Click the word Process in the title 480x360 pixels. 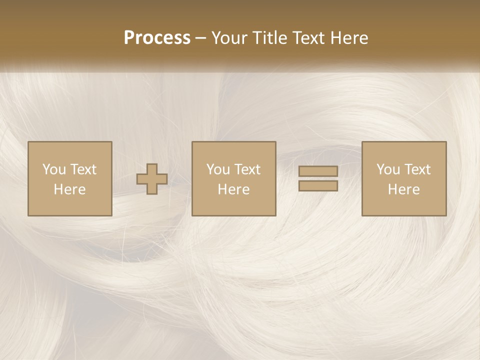157,38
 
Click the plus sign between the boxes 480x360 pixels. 152,179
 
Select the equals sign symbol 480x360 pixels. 318,178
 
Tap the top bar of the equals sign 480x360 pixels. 318,171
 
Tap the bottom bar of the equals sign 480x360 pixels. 318,186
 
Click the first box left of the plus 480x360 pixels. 70,178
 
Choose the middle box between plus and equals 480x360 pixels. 234,178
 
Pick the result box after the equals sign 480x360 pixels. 404,178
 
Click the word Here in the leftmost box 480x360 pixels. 70,189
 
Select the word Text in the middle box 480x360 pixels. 247,169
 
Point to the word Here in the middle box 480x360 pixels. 234,189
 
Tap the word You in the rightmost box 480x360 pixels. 388,169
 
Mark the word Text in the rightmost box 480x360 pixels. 417,169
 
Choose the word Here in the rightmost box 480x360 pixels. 404,189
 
